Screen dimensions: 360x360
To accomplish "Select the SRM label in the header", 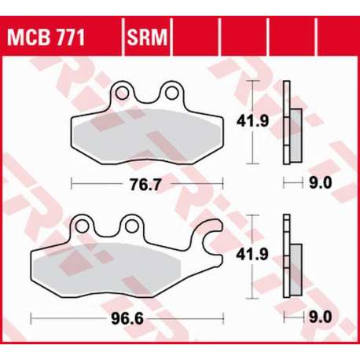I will point(147,37).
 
